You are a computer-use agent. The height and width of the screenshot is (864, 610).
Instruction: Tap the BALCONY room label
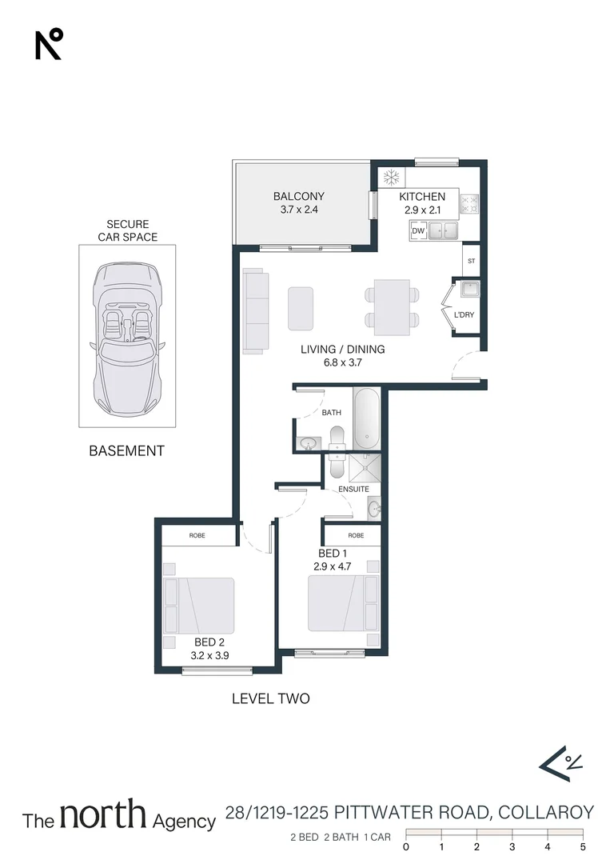[298, 196]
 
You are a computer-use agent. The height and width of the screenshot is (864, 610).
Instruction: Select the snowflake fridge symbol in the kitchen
[392, 177]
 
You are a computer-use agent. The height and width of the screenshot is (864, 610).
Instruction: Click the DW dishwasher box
[417, 231]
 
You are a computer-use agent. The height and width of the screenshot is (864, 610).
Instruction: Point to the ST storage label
[471, 260]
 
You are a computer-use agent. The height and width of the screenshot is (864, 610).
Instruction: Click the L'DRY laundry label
[464, 315]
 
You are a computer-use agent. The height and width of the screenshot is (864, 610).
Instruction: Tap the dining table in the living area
[392, 307]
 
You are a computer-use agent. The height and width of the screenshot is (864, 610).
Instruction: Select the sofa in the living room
[256, 311]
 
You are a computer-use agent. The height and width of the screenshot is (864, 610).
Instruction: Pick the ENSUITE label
[353, 489]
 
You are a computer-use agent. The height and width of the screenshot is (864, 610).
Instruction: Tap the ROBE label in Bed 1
[356, 535]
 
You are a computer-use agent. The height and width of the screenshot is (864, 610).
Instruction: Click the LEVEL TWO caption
[270, 698]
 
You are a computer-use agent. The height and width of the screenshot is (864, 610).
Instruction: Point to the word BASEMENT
[126, 451]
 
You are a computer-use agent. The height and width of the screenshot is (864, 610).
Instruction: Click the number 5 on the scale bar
[583, 846]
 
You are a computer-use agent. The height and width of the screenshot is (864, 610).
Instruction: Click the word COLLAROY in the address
[546, 814]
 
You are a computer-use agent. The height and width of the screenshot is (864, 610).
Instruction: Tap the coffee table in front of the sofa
[301, 308]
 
